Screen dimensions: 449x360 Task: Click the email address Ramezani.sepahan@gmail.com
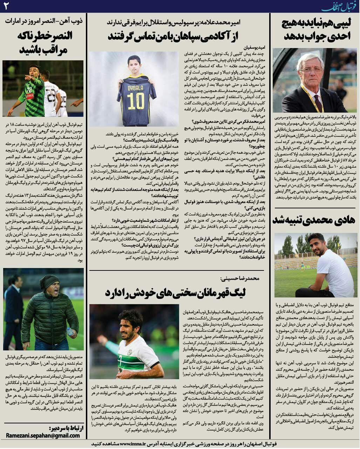click(x=43, y=435)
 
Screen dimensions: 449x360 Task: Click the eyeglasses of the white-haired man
click(x=311, y=70)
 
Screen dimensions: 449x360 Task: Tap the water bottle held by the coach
click(x=70, y=331)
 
